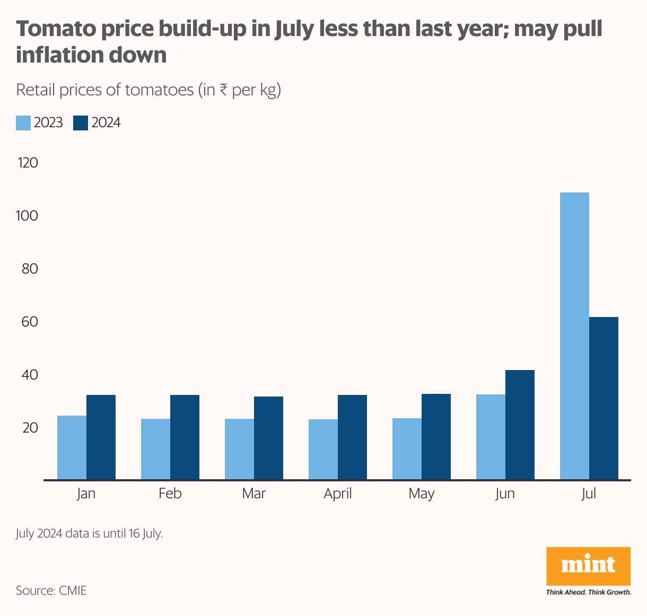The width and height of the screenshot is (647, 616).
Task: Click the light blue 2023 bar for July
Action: point(574,336)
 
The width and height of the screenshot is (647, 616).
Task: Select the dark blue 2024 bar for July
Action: point(604,398)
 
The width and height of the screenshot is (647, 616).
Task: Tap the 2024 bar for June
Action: point(520,425)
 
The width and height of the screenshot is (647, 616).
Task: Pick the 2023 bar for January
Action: point(72,447)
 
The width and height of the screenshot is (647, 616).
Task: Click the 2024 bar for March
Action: point(268,438)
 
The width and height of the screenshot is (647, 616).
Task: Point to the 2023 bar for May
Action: point(407,449)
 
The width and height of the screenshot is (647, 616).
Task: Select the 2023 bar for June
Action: point(491,437)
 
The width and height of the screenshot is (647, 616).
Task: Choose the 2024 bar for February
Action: point(185,437)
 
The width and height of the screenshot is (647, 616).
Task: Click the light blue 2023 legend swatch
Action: point(23,123)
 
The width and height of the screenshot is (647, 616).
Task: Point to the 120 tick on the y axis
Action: point(28,163)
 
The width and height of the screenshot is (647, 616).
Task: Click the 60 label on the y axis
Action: point(30,322)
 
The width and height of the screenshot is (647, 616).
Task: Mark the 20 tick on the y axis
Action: point(30,428)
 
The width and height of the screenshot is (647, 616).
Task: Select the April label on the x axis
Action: point(338,494)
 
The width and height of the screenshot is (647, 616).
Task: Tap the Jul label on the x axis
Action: point(589,494)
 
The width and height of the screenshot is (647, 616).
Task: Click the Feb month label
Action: point(170,494)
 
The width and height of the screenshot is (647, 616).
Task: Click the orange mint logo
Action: point(588,566)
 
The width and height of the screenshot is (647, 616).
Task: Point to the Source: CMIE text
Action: point(51,591)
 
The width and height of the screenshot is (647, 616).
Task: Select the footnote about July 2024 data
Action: point(89,533)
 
